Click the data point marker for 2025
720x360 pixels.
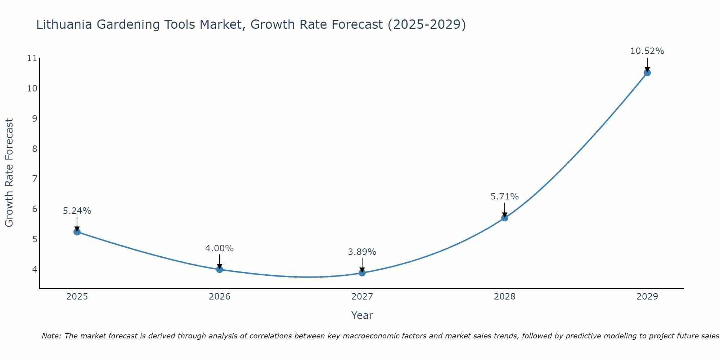(77, 232)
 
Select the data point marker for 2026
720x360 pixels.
(220, 269)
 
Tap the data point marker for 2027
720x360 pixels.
(362, 273)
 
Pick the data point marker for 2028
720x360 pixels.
(505, 218)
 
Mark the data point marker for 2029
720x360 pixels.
(647, 73)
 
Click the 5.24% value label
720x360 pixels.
(77, 211)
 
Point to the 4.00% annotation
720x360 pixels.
(220, 248)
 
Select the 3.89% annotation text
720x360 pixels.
(362, 252)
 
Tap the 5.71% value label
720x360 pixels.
(505, 197)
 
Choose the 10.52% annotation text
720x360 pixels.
(647, 51)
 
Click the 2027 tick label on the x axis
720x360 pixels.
(362, 297)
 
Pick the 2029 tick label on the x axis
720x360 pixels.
(647, 297)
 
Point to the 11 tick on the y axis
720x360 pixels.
(32, 58)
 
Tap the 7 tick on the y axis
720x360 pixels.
(35, 179)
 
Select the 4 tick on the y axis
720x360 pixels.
(35, 269)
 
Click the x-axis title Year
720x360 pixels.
(362, 315)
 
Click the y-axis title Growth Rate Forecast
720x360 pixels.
(9, 173)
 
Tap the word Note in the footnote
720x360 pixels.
(51, 336)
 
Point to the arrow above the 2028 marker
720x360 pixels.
(505, 210)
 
